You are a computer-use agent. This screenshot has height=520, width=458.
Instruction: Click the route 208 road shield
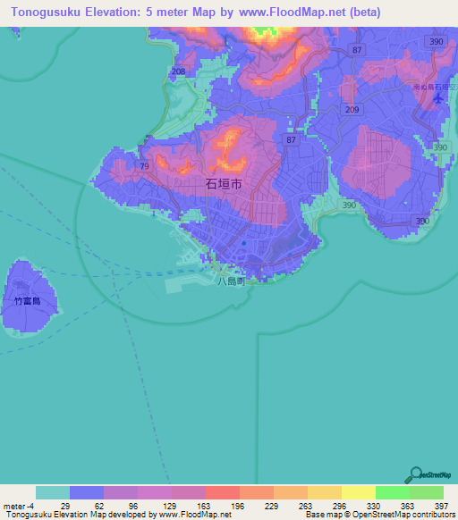(x=178, y=71)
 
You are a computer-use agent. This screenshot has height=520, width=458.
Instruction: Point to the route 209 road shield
(x=351, y=110)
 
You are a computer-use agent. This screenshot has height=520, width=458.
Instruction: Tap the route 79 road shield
(x=144, y=165)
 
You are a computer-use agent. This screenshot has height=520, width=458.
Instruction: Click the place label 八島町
(x=230, y=280)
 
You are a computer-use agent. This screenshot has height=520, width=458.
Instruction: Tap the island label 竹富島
(x=27, y=302)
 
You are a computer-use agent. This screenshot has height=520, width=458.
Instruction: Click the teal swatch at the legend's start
(x=53, y=492)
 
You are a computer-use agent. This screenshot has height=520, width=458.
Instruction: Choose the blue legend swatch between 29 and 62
(x=87, y=492)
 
